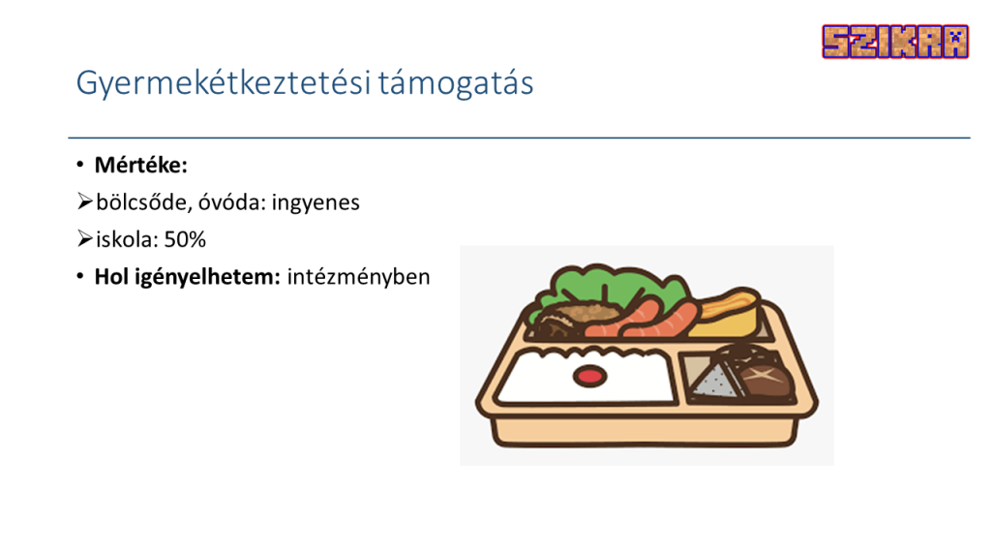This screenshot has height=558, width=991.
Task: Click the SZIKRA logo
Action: tap(895, 42)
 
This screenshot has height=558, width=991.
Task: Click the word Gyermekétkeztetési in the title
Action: tap(224, 83)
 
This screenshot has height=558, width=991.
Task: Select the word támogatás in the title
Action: tap(457, 83)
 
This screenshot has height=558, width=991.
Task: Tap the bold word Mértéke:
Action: tap(141, 165)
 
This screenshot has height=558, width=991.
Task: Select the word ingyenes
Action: tap(315, 203)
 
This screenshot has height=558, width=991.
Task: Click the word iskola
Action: tap(126, 240)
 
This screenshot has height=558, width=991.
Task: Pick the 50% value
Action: tap(185, 240)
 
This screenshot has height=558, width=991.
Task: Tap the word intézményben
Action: tap(358, 277)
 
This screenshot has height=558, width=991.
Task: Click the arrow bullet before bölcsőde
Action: tap(85, 201)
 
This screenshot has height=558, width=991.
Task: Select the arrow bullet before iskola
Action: tap(85, 239)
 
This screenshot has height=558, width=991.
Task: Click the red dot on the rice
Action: tap(589, 377)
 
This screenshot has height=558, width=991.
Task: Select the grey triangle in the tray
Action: tap(714, 380)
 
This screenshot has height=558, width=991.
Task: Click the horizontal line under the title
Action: tap(519, 138)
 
